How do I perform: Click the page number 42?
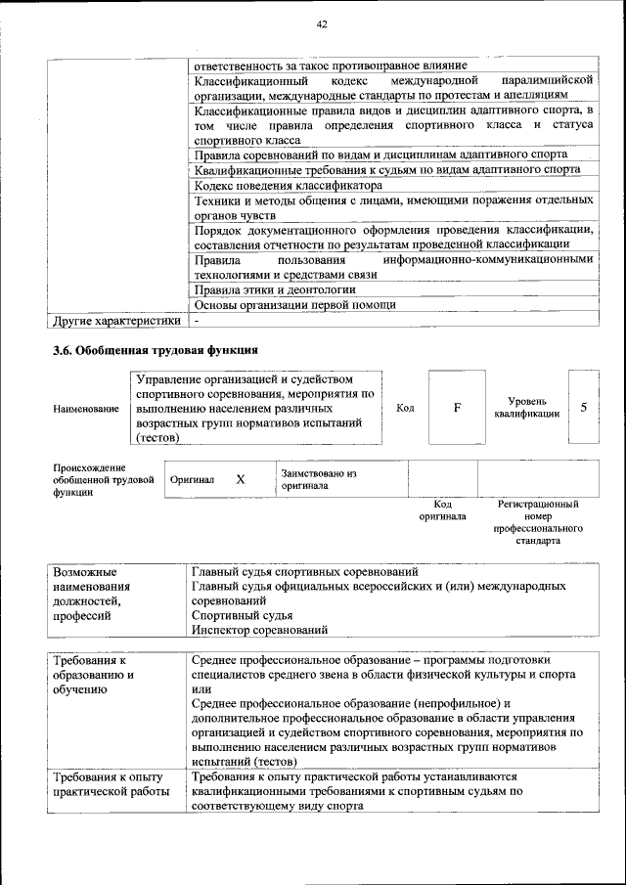[322, 23]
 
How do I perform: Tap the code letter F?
[457, 407]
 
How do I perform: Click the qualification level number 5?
[584, 407]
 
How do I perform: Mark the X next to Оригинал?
[241, 480]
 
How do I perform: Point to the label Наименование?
[86, 408]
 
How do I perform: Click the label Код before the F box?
[404, 408]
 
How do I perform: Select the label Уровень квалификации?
[527, 408]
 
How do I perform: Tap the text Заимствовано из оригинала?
[318, 479]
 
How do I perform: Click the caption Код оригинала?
[443, 509]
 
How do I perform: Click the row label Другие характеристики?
[116, 320]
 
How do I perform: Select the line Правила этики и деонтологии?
[274, 289]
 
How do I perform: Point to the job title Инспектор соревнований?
[259, 630]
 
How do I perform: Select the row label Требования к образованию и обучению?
[95, 675]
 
